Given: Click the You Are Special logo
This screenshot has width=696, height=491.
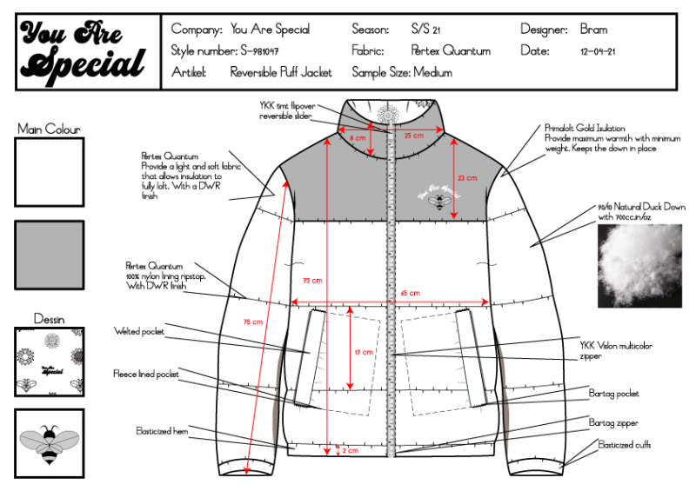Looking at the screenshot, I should point(84,50).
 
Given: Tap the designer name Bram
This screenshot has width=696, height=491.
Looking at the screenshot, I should point(593,29).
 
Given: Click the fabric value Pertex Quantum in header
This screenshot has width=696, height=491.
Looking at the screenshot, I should point(451,50).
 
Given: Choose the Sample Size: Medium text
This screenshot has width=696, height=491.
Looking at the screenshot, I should point(402,73).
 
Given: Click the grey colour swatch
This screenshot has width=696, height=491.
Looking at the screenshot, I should point(50,255).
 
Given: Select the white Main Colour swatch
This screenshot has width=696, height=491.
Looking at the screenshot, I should point(50,172).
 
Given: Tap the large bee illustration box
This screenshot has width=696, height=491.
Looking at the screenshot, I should point(50,443).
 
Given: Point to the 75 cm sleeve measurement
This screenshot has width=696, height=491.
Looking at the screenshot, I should point(252,322).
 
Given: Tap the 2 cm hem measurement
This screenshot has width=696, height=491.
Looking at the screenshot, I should point(350,451).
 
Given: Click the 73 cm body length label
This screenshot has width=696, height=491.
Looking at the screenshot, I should point(311,281).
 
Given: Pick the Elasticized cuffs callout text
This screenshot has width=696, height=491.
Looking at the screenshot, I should point(625,445).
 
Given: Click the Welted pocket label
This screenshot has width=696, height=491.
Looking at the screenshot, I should point(139,331).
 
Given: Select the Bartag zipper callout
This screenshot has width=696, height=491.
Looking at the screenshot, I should point(613,423).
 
